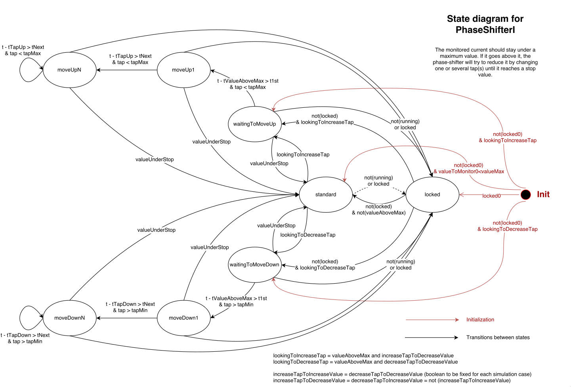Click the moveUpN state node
[x=69, y=70]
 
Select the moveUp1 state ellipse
[x=183, y=70]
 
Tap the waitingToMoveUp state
[x=254, y=124]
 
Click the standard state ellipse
[x=326, y=194]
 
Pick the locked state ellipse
[x=432, y=194]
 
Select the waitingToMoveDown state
[x=254, y=265]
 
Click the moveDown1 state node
[x=183, y=318]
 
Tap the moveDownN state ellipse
[x=69, y=318]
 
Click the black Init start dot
[x=525, y=194]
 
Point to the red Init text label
[x=543, y=194]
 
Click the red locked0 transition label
[x=491, y=196]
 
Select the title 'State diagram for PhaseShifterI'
[x=485, y=24]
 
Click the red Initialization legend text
[x=480, y=320]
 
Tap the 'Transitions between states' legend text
[x=498, y=337]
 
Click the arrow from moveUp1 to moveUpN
[x=127, y=70]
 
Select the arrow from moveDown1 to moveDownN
[x=127, y=318]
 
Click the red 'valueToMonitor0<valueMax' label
[x=471, y=172]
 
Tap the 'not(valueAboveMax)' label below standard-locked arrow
[x=379, y=213]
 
